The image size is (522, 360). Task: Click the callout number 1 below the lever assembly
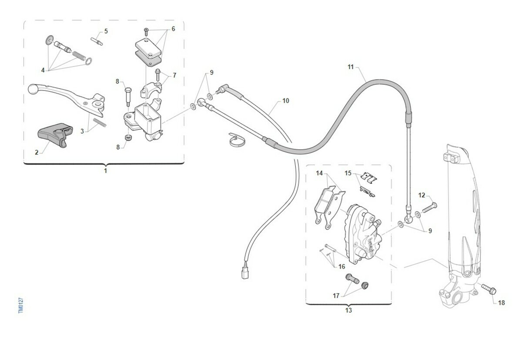pyautogui.click(x=105, y=171)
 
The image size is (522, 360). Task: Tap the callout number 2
pyautogui.click(x=37, y=152)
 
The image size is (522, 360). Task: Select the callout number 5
pyautogui.click(x=106, y=31)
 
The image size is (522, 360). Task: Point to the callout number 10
pyautogui.click(x=285, y=101)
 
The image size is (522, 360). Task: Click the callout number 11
pyautogui.click(x=351, y=67)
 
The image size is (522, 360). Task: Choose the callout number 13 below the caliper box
pyautogui.click(x=348, y=310)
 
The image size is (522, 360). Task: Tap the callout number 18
pyautogui.click(x=501, y=303)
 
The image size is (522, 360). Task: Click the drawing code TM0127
pyautogui.click(x=20, y=305)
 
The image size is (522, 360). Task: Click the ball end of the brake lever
pyautogui.click(x=32, y=88)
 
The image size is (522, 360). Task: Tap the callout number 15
pyautogui.click(x=348, y=173)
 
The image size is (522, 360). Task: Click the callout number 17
pyautogui.click(x=336, y=296)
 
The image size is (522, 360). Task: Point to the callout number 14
pyautogui.click(x=320, y=173)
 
